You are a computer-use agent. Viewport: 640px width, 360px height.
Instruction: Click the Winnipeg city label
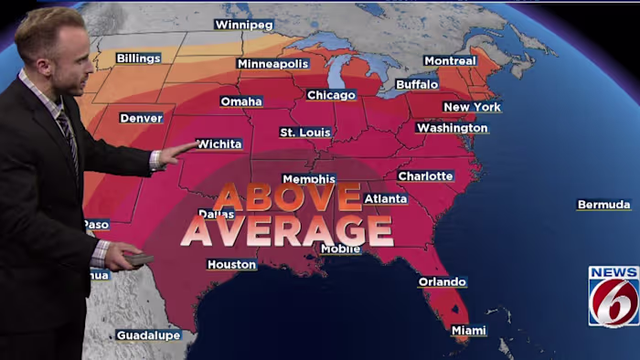click(x=243, y=25)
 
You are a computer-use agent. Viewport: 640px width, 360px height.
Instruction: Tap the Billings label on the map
click(x=138, y=58)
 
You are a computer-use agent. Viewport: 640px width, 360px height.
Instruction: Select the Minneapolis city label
click(x=272, y=64)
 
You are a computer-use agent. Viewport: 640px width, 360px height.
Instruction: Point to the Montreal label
click(x=450, y=61)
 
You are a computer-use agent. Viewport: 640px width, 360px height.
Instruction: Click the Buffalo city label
click(x=417, y=84)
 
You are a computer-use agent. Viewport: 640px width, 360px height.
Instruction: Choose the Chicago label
click(x=331, y=95)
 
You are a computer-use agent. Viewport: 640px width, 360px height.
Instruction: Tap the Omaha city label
click(x=241, y=101)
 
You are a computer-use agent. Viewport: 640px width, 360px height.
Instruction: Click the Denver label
click(x=141, y=118)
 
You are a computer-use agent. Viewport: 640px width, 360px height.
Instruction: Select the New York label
click(x=472, y=107)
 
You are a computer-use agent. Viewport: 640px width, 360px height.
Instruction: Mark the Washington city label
click(x=452, y=128)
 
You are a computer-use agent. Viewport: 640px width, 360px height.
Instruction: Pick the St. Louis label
click(x=305, y=132)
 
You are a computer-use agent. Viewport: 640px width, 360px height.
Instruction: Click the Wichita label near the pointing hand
click(x=219, y=144)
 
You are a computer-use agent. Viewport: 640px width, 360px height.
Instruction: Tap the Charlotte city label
click(x=425, y=175)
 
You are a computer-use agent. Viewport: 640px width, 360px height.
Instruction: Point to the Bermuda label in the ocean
click(x=603, y=205)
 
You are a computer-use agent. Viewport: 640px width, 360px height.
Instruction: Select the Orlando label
click(x=443, y=282)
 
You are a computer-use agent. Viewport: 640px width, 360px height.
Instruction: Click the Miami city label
click(x=468, y=331)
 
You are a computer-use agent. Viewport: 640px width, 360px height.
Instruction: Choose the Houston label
click(x=231, y=265)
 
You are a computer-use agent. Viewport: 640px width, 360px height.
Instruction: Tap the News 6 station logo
click(x=613, y=296)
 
